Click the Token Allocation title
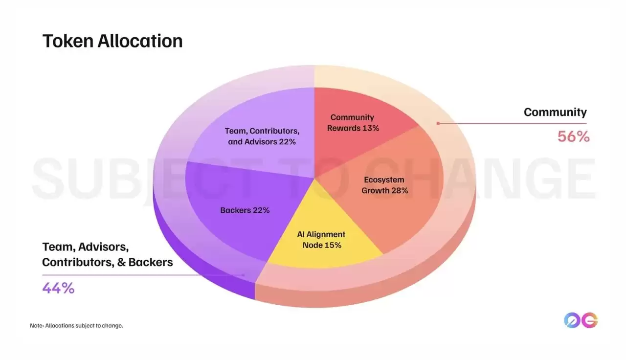pos(112,41)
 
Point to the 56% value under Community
pos(573,136)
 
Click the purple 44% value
pos(58,288)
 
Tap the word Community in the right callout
pos(555,112)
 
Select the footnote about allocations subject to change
pos(76,325)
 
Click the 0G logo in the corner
pos(581,320)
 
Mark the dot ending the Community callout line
pos(438,123)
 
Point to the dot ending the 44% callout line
pos(244,275)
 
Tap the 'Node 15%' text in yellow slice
pos(321,245)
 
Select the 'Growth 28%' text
pos(384,190)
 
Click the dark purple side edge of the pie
pos(205,274)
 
